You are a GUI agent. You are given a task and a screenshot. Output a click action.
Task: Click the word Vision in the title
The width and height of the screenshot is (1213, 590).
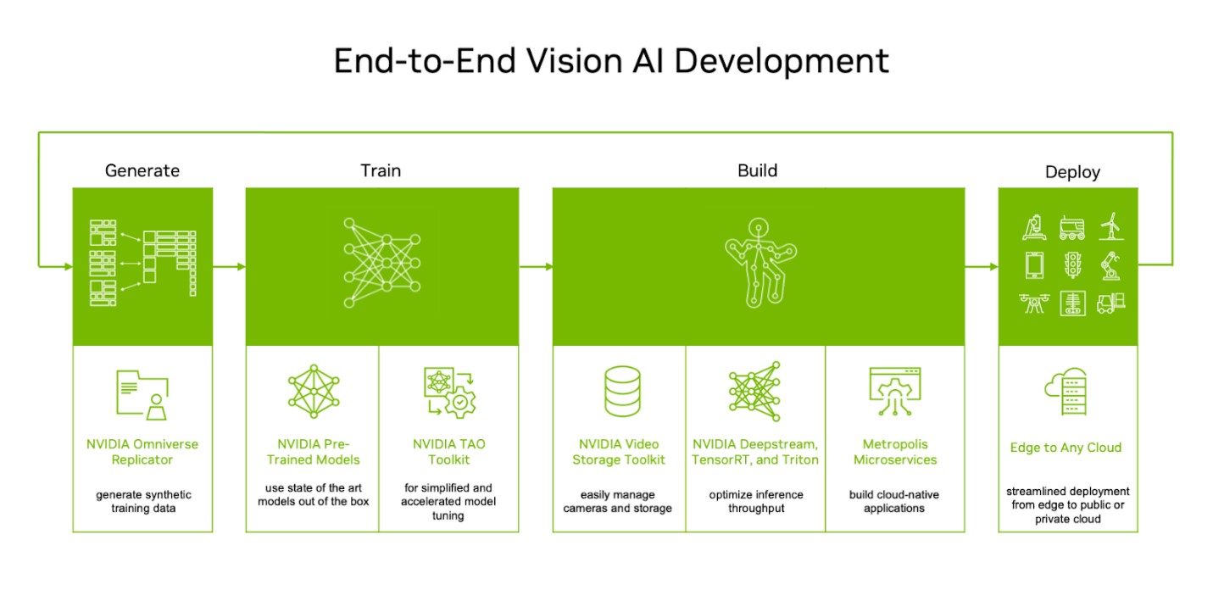tap(574, 61)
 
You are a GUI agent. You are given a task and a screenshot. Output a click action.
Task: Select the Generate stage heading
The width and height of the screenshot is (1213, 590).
tap(142, 170)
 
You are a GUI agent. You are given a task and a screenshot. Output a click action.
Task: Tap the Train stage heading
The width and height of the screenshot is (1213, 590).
tap(381, 170)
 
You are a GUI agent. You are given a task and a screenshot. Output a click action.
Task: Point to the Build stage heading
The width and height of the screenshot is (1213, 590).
tap(757, 170)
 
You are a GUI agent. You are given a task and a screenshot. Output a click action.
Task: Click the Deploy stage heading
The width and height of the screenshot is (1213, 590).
tap(1072, 172)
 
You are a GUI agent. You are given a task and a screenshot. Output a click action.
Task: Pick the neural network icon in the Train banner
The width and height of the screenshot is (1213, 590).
tap(381, 263)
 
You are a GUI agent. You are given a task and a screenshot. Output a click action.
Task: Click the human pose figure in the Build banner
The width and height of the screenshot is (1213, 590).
tap(760, 263)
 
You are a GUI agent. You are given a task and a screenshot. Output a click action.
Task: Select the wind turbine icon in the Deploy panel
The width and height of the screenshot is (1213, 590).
tap(1111, 226)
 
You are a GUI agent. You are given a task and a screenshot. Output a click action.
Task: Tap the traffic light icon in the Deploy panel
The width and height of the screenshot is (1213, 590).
tap(1072, 265)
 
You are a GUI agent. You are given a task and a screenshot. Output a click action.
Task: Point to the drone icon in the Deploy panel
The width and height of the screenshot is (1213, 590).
tap(1034, 303)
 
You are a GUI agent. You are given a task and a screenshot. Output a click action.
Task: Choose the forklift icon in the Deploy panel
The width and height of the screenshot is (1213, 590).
tap(1110, 303)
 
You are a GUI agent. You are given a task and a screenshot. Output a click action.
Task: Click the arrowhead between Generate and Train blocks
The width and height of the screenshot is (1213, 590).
tap(242, 266)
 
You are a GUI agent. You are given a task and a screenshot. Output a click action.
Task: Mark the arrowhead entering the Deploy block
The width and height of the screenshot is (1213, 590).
tap(993, 266)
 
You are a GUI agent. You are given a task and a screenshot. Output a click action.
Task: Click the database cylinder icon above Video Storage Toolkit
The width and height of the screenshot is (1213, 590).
tap(622, 391)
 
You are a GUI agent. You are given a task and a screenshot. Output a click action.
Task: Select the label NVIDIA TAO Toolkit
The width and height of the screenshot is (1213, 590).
tap(449, 452)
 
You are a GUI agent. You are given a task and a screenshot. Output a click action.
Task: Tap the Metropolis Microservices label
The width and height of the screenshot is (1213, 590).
tap(895, 452)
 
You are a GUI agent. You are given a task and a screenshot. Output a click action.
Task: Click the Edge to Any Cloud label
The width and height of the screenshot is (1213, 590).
tap(1066, 448)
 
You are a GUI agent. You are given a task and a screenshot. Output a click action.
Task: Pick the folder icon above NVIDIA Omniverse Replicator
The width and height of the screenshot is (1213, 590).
tap(142, 395)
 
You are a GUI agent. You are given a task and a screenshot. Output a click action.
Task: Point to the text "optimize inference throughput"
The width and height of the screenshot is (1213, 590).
tap(756, 501)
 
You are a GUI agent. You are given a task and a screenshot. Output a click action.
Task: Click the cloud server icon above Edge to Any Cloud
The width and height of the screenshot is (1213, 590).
tap(1066, 391)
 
